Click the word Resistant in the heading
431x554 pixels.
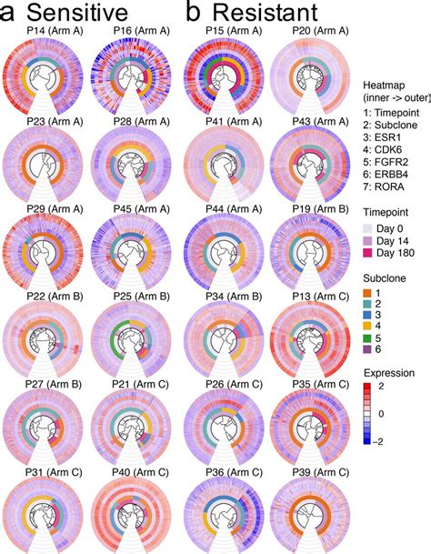coord(264,13)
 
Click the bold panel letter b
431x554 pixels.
coord(194,13)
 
